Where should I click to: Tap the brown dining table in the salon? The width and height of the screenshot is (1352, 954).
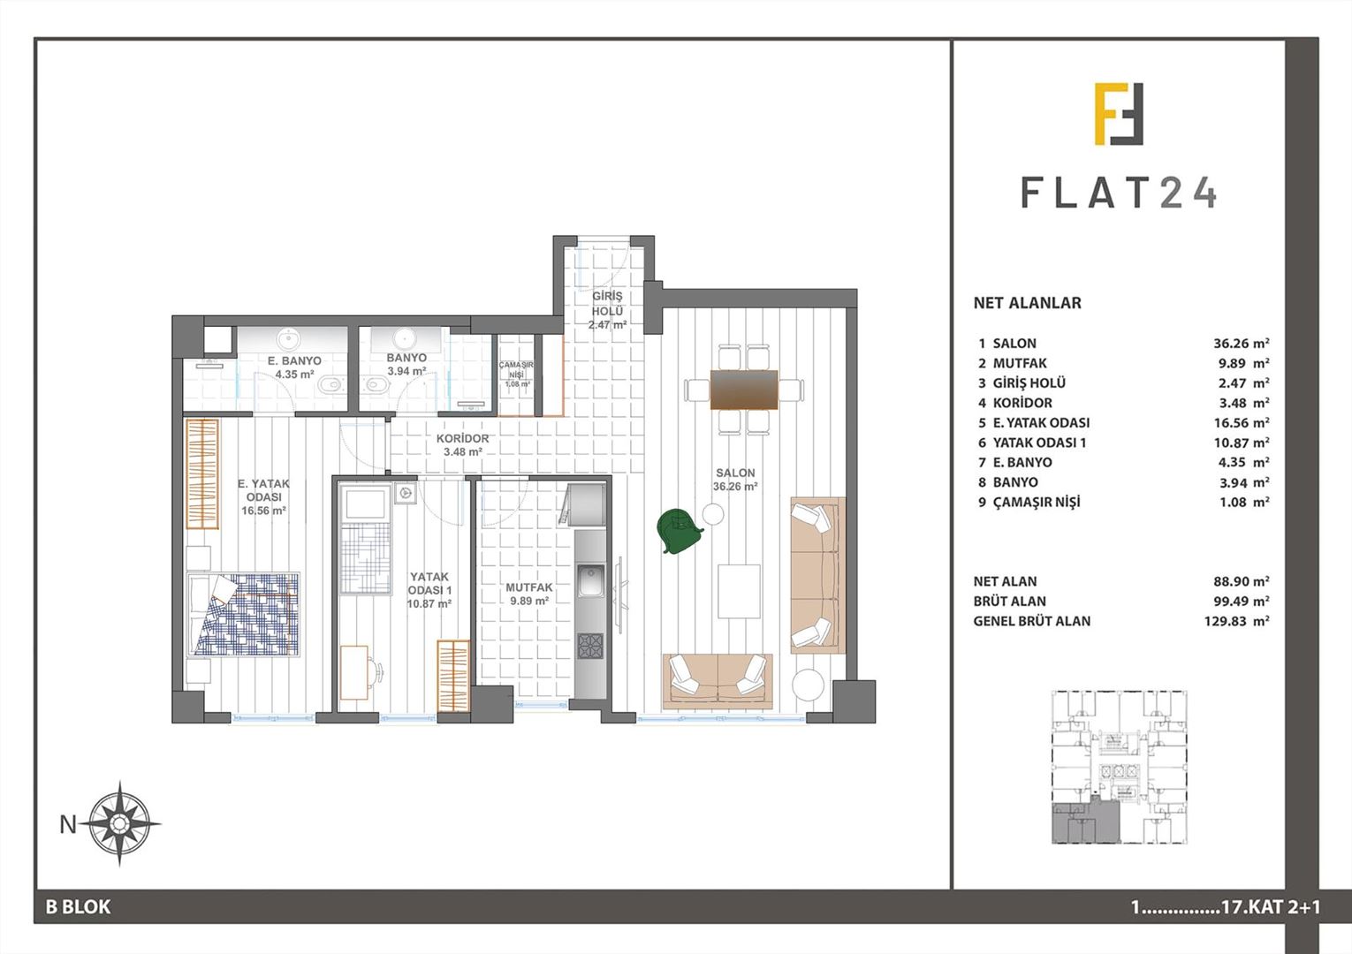point(744,390)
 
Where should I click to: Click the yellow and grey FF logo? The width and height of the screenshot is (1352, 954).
point(1119,114)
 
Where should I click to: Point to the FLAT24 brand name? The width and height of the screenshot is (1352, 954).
point(1119,193)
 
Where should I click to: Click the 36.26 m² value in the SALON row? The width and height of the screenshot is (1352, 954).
point(1242,344)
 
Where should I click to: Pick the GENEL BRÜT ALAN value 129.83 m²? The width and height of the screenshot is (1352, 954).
point(1242,621)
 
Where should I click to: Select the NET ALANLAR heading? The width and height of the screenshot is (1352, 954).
point(1027,303)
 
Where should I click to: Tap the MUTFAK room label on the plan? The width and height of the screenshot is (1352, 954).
point(529,587)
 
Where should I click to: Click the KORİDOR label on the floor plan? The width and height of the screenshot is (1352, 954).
point(462,438)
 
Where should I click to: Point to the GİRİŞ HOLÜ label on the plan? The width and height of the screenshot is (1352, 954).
point(607,304)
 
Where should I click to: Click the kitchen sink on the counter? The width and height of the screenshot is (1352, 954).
point(589,581)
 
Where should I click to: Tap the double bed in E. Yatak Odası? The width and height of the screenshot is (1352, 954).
point(244,614)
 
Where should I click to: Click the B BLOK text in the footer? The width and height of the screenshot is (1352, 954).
point(78,907)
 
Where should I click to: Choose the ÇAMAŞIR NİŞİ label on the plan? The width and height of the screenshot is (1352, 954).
point(517,370)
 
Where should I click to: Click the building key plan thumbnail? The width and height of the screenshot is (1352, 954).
point(1118,767)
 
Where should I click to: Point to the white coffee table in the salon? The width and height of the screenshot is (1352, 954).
point(739,591)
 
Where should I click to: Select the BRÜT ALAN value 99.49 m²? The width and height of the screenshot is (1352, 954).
point(1242,602)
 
